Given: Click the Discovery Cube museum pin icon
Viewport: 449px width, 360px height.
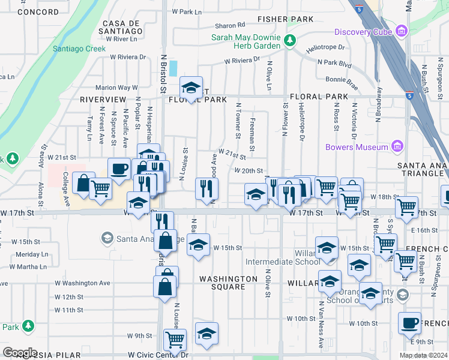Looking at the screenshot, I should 400,32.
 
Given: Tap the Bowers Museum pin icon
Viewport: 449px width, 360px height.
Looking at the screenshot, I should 396,146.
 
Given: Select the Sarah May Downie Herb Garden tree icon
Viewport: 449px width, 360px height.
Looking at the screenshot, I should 290,41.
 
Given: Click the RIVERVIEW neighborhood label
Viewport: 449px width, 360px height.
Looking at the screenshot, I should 103,99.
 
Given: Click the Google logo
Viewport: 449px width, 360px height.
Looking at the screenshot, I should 20,353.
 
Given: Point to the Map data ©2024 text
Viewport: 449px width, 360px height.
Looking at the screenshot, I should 423,355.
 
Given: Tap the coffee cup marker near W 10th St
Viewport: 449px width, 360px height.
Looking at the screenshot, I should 409,322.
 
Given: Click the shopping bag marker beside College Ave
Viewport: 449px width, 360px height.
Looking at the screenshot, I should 83,182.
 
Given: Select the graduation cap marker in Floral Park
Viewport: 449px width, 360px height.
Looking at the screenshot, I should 191,88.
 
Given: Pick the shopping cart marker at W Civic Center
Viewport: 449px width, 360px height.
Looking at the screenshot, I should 175,339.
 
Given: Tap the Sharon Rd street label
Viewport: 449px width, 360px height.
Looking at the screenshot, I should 231,25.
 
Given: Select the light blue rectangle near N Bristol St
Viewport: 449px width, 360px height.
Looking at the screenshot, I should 173,68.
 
